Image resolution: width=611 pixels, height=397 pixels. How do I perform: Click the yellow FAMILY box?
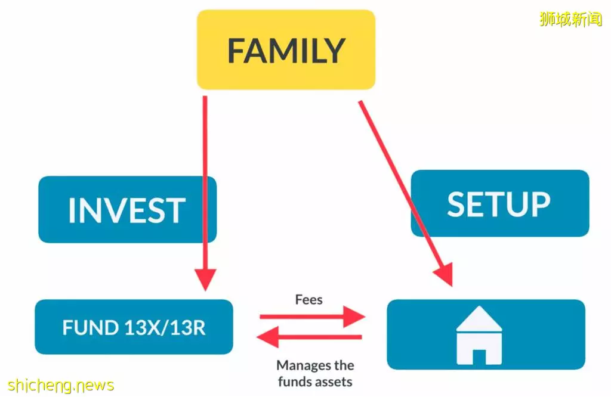[x=286, y=50]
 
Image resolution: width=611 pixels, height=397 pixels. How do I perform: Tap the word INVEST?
[x=127, y=210]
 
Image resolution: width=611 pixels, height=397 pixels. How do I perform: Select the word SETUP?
[x=499, y=204]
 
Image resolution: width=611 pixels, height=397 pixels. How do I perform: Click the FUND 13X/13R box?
[x=134, y=327]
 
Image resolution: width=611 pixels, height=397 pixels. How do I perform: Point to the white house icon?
[x=479, y=335]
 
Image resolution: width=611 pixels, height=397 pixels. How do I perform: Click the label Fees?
[x=308, y=300]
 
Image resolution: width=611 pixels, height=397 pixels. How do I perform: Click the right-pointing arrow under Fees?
[x=312, y=317]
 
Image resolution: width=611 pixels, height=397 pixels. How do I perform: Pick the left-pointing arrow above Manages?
[x=310, y=337]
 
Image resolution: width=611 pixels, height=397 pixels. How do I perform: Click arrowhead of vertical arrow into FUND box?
[x=205, y=280]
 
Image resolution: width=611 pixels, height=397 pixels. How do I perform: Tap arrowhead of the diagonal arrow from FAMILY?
[x=445, y=275]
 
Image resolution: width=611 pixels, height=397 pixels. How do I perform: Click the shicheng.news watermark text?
[x=61, y=385]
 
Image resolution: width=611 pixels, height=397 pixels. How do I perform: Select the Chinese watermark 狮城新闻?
[x=571, y=19]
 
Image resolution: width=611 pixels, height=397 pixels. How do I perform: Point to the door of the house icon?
[x=479, y=357]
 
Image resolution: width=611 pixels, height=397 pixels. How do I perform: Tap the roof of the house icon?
[x=479, y=318]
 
